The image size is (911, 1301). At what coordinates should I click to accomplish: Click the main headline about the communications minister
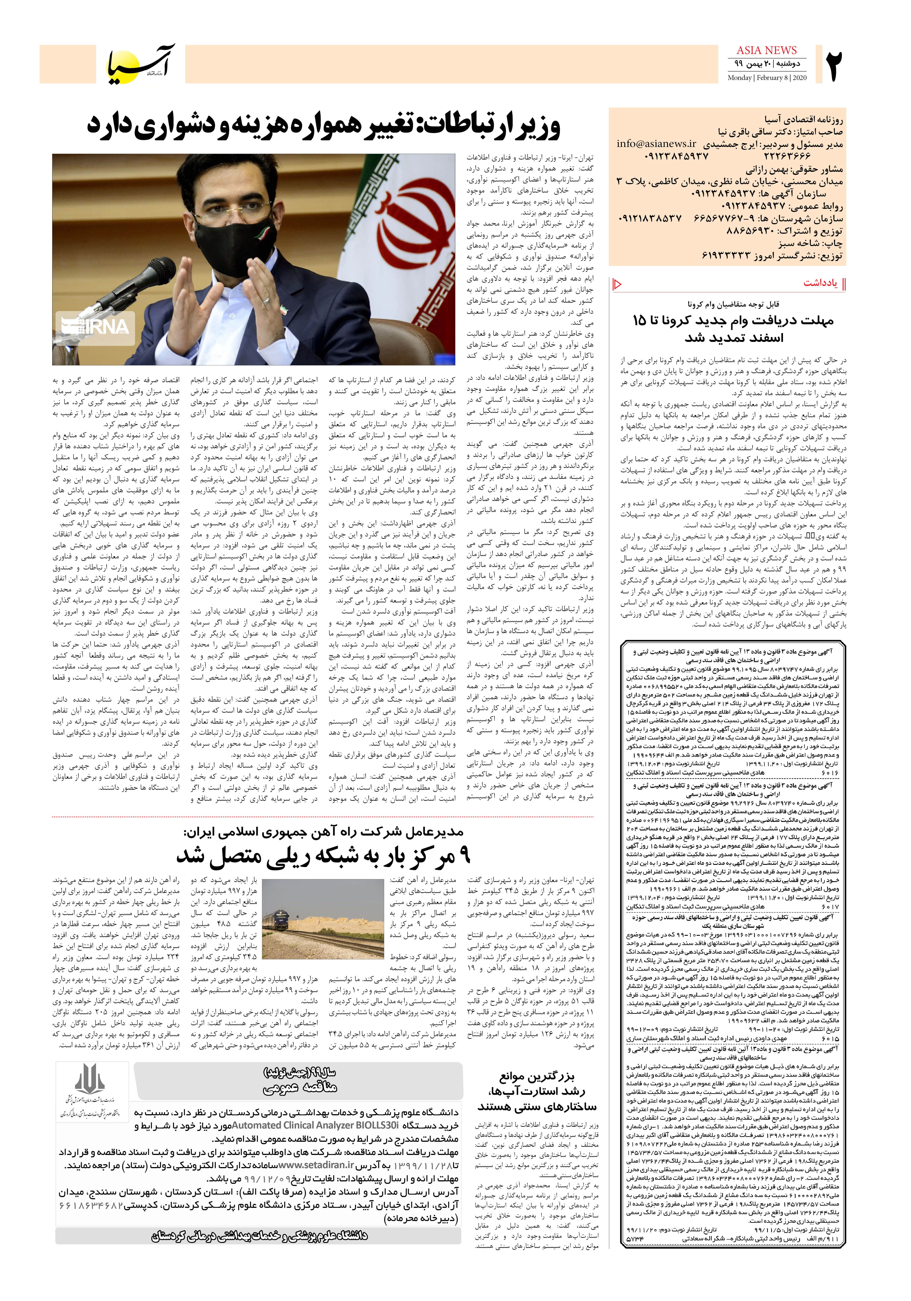(x=323, y=126)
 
